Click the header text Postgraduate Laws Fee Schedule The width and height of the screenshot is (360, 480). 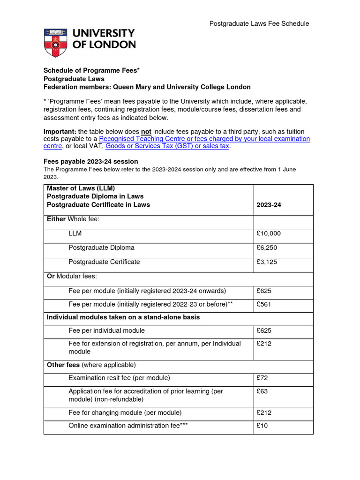(259, 23)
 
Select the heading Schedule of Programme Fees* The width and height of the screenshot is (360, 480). (92, 70)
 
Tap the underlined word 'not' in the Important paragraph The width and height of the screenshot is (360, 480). (146, 131)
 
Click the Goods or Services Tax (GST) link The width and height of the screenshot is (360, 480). (167, 146)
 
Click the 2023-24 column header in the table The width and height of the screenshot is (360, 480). (269, 205)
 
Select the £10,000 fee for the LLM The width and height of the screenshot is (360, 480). (269, 233)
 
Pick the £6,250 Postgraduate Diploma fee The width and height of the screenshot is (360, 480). (267, 247)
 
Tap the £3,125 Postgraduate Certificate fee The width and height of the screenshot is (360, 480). (267, 262)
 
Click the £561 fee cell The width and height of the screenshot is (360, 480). (264, 304)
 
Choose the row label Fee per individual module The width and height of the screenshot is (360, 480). (107, 330)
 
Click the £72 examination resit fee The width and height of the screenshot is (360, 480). (262, 378)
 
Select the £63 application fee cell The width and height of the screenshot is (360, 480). (262, 391)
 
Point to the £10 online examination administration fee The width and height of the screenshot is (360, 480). (262, 426)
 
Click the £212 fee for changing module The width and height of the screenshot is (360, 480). (264, 413)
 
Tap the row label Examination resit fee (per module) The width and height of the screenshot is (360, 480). (119, 378)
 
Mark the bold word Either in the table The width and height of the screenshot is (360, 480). (56, 219)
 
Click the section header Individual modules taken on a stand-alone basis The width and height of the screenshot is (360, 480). (123, 317)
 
